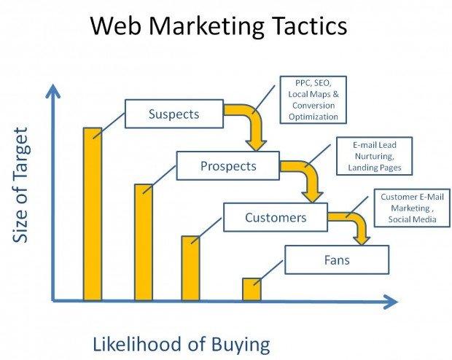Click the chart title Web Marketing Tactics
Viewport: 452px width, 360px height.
pyautogui.click(x=219, y=26)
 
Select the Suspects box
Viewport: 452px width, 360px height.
pyautogui.click(x=174, y=114)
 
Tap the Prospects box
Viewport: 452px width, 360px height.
pyautogui.click(x=228, y=165)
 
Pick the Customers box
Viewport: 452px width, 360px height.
pyautogui.click(x=276, y=217)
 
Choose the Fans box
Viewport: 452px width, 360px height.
pyautogui.click(x=337, y=259)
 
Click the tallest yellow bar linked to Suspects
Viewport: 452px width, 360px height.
pyautogui.click(x=93, y=214)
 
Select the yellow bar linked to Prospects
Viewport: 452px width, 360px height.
pyautogui.click(x=144, y=243)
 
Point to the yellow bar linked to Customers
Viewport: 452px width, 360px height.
pyautogui.click(x=190, y=268)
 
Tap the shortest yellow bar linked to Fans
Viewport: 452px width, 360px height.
pyautogui.click(x=252, y=289)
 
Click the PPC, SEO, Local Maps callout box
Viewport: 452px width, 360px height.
pyautogui.click(x=313, y=100)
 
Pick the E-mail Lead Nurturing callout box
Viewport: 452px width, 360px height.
pyautogui.click(x=375, y=156)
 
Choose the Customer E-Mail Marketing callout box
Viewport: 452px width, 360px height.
pyautogui.click(x=412, y=208)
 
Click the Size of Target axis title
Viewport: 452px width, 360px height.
pyautogui.click(x=20, y=185)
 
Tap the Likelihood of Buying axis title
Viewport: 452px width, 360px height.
pyautogui.click(x=182, y=345)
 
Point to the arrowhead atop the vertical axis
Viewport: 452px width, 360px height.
pyautogui.click(x=52, y=91)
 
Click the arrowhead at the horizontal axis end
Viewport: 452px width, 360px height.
pyautogui.click(x=391, y=302)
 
